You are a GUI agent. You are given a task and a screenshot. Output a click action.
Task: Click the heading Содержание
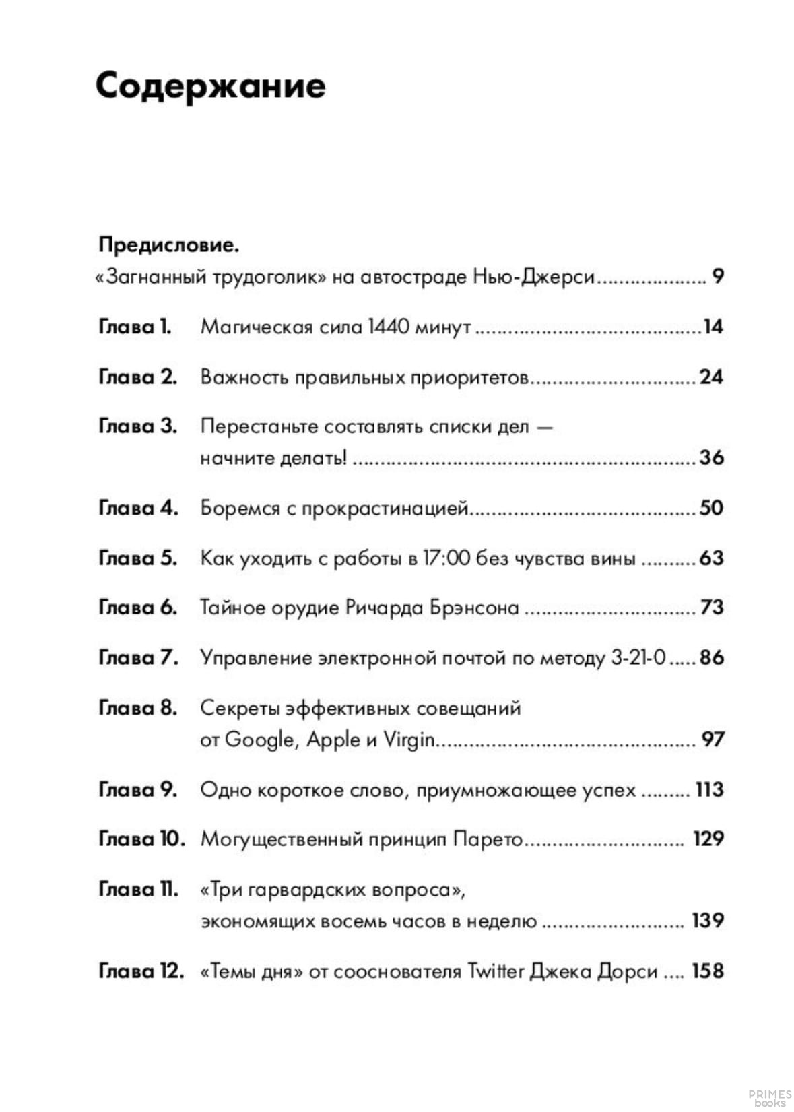tap(210, 86)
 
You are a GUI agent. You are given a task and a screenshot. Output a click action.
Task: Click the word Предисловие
tap(168, 244)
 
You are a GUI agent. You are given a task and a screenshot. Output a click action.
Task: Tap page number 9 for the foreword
tap(718, 276)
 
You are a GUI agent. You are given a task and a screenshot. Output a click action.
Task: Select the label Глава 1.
tap(135, 327)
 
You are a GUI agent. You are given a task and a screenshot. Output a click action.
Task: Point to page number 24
tap(710, 377)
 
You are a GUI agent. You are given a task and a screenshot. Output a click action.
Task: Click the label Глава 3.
tap(137, 426)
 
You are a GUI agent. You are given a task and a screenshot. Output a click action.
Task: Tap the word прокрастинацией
tap(385, 509)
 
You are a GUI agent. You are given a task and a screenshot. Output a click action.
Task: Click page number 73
tap(712, 608)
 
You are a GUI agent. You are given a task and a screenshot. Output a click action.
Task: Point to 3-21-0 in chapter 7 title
tap(638, 657)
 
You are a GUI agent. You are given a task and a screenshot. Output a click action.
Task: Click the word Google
tap(259, 740)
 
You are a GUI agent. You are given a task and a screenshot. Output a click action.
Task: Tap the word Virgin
tap(409, 740)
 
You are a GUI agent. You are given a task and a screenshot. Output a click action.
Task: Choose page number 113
tap(709, 789)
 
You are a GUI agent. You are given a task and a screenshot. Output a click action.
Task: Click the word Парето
tap(488, 839)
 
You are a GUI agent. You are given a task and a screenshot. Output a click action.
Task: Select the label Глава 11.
tap(138, 890)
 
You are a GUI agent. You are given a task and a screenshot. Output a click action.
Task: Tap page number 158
tap(707, 971)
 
